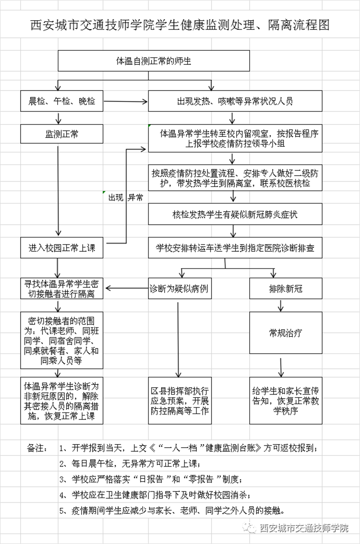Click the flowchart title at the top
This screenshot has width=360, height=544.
180,25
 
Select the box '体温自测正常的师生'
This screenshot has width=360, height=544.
153,61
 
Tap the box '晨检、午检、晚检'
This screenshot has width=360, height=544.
62,101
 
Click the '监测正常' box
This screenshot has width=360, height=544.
62,134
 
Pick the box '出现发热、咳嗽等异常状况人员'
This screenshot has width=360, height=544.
235,101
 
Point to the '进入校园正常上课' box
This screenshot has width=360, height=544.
62,248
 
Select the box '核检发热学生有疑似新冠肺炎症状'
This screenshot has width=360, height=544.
235,214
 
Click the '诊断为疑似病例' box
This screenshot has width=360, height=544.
180,288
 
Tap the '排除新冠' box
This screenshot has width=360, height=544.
286,288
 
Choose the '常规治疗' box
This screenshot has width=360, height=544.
286,333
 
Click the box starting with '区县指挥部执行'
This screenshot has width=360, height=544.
180,401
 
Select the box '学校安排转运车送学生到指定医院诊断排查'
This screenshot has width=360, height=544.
235,248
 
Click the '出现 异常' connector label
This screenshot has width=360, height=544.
126,197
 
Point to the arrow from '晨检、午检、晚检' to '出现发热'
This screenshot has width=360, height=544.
126,101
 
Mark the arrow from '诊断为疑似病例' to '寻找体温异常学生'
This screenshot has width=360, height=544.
127,288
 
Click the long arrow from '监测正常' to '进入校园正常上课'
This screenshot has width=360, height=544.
58,190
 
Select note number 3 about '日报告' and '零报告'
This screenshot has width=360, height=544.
151,479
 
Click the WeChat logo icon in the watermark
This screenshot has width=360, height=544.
250,527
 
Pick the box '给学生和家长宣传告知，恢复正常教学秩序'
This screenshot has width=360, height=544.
286,401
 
